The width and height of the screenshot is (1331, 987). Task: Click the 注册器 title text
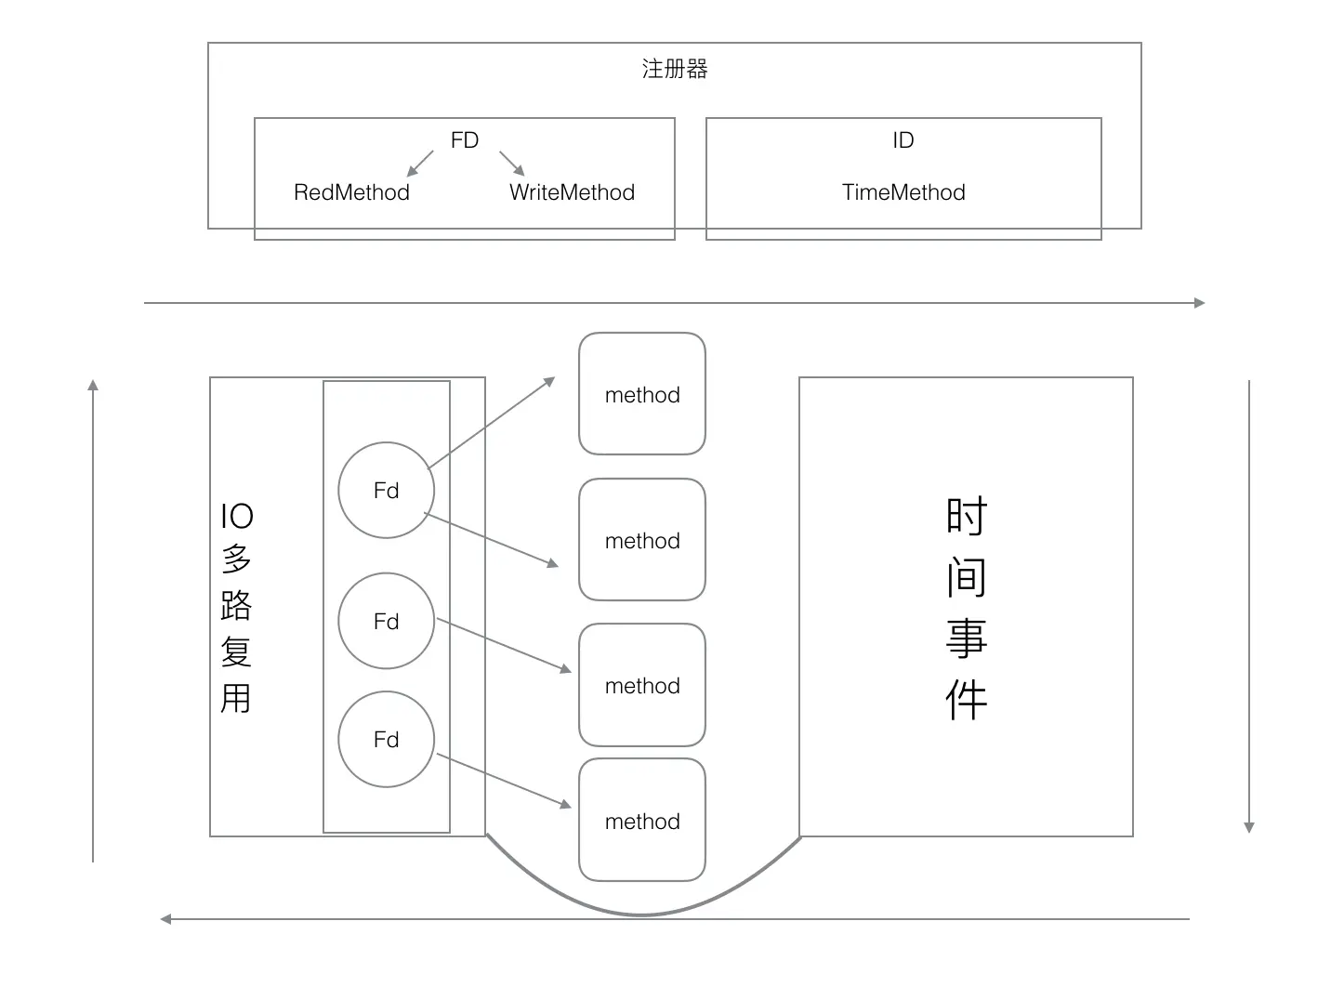[675, 69]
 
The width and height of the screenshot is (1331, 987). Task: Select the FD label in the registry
[465, 140]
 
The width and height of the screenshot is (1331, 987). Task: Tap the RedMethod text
[351, 192]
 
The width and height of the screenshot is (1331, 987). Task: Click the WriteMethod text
[572, 192]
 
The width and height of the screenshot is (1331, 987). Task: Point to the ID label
[903, 140]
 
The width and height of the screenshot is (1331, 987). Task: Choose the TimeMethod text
[903, 192]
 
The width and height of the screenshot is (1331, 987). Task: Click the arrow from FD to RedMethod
[420, 164]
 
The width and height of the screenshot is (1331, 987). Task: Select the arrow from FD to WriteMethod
[512, 164]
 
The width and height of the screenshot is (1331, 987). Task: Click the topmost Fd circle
[386, 490]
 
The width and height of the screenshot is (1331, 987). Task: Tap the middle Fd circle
[386, 621]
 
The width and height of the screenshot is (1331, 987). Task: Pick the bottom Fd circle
[386, 739]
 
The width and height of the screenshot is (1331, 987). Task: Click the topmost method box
[642, 394]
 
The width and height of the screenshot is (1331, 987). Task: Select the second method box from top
[642, 540]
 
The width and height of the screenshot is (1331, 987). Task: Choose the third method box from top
[642, 685]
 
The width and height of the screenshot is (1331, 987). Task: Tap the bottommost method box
[642, 821]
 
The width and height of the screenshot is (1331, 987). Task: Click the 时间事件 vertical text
[966, 608]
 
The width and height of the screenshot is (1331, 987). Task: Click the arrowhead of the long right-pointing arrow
[1200, 303]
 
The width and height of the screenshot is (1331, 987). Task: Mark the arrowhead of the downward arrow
[1249, 827]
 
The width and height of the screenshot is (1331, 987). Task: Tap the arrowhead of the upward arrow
[93, 385]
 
